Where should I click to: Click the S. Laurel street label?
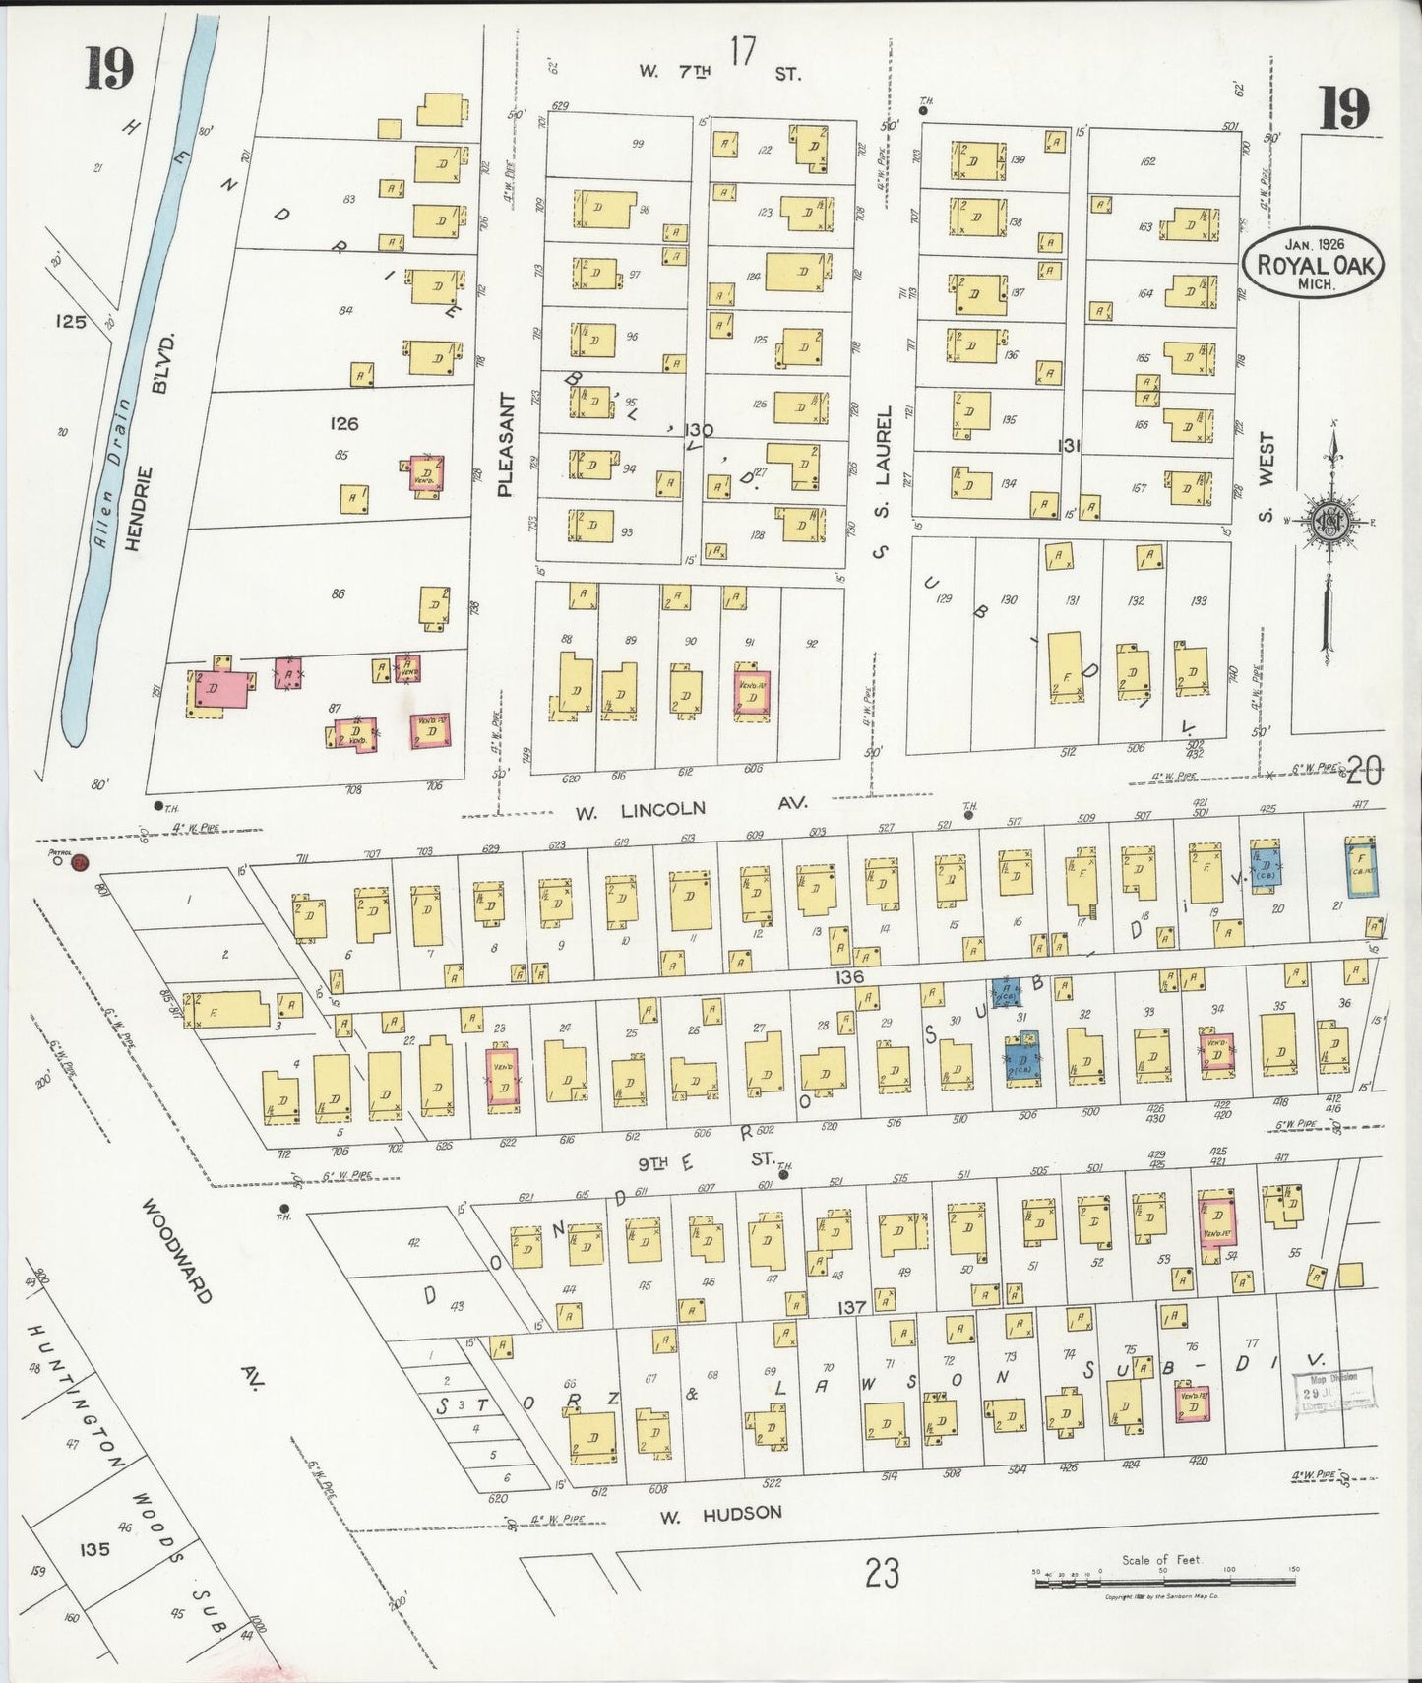point(883,482)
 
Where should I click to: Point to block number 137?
point(851,1307)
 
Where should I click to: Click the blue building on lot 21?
point(1361,867)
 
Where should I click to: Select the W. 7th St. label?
point(718,71)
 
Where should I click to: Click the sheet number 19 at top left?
point(108,68)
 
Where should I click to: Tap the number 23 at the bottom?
point(882,1573)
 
